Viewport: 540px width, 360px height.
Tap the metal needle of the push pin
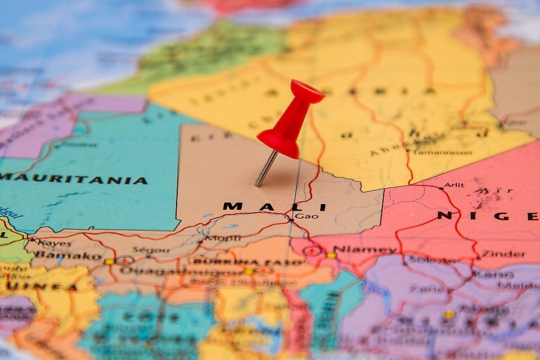[265, 168]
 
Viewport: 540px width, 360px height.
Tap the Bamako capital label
[68, 255]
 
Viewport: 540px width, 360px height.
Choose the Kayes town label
[55, 244]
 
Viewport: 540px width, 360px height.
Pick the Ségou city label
[151, 250]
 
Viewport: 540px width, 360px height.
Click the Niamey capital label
[364, 249]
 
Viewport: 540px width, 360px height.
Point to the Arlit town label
[454, 185]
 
